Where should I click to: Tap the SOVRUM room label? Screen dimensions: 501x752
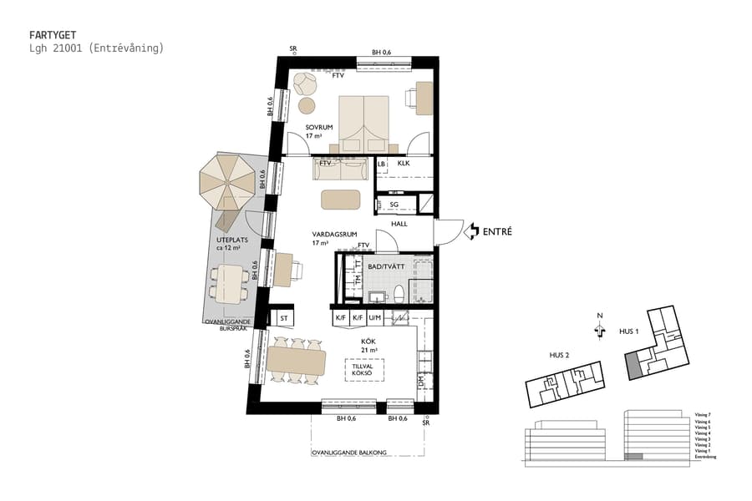319,127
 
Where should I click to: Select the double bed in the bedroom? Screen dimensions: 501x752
363,120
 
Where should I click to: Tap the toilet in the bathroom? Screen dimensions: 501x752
399,295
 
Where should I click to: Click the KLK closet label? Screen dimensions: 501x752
403,164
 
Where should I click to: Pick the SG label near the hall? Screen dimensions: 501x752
393,203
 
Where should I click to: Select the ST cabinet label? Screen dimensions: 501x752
283,318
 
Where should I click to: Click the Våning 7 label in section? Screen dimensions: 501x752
702,414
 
